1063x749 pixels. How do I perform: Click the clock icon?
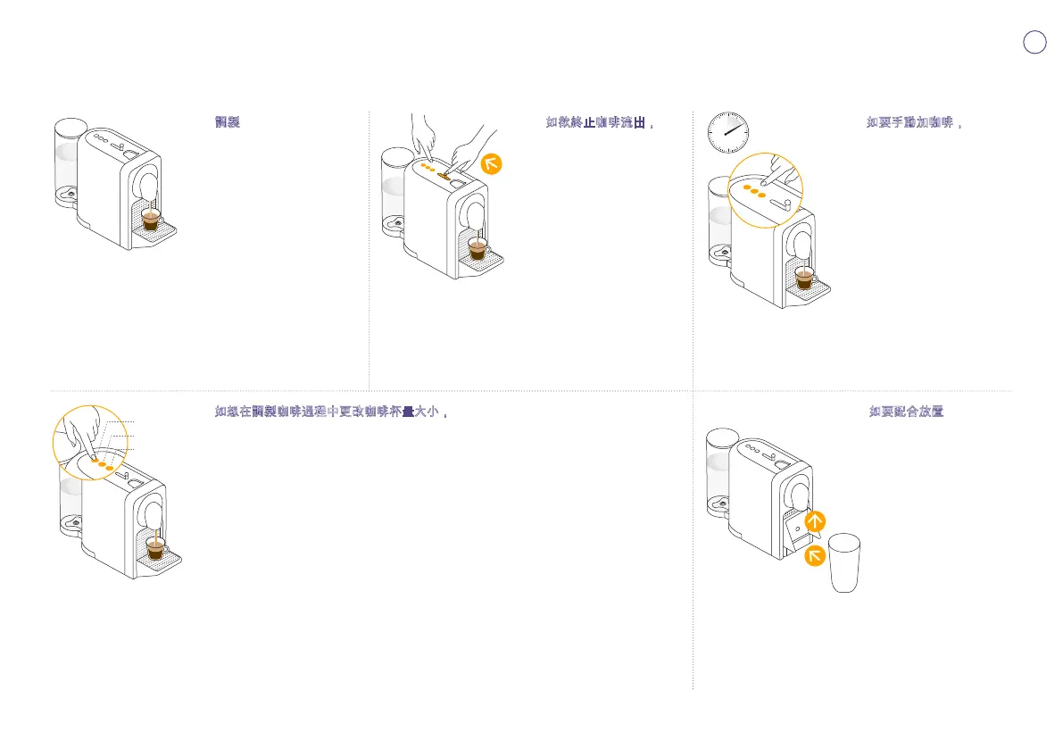tap(727, 132)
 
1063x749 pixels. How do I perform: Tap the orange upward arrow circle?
tap(814, 521)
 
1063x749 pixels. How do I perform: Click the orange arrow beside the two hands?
tap(491, 164)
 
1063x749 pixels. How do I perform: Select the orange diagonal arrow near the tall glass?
tap(814, 557)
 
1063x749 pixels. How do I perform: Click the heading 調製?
tap(228, 122)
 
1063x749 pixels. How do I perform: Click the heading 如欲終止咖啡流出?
tap(601, 122)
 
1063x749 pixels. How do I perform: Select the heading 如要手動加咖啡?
tap(913, 122)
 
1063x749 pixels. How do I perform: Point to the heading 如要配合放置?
tap(907, 412)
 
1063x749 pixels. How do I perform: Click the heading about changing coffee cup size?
tap(330, 412)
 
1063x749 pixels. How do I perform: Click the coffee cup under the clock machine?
tap(806, 279)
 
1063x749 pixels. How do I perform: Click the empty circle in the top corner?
tap(1034, 42)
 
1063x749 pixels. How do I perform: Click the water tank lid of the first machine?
tap(70, 127)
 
